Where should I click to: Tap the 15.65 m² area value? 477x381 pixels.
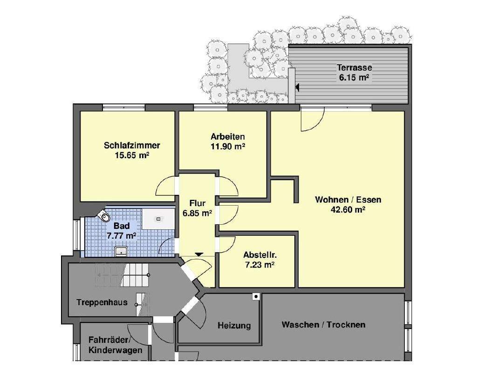coord(132,155)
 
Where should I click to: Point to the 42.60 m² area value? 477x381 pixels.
coord(348,210)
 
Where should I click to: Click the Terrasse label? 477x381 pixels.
coord(354,68)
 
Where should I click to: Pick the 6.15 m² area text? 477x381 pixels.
coord(354,78)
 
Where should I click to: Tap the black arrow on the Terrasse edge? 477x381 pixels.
coord(297,86)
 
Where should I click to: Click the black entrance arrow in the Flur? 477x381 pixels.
coord(199,254)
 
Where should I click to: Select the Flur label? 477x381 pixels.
coord(197,203)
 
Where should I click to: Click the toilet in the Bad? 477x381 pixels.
coord(105,215)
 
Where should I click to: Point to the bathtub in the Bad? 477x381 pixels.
coord(158,218)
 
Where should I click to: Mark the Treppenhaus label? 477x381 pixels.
coord(102,302)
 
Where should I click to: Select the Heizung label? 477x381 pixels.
coord(234,326)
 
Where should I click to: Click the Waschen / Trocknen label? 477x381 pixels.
coord(323,324)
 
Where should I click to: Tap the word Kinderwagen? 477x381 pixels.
coord(116,350)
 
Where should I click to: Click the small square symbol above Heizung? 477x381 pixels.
coord(256,296)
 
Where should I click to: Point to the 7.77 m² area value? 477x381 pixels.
coord(122,236)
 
